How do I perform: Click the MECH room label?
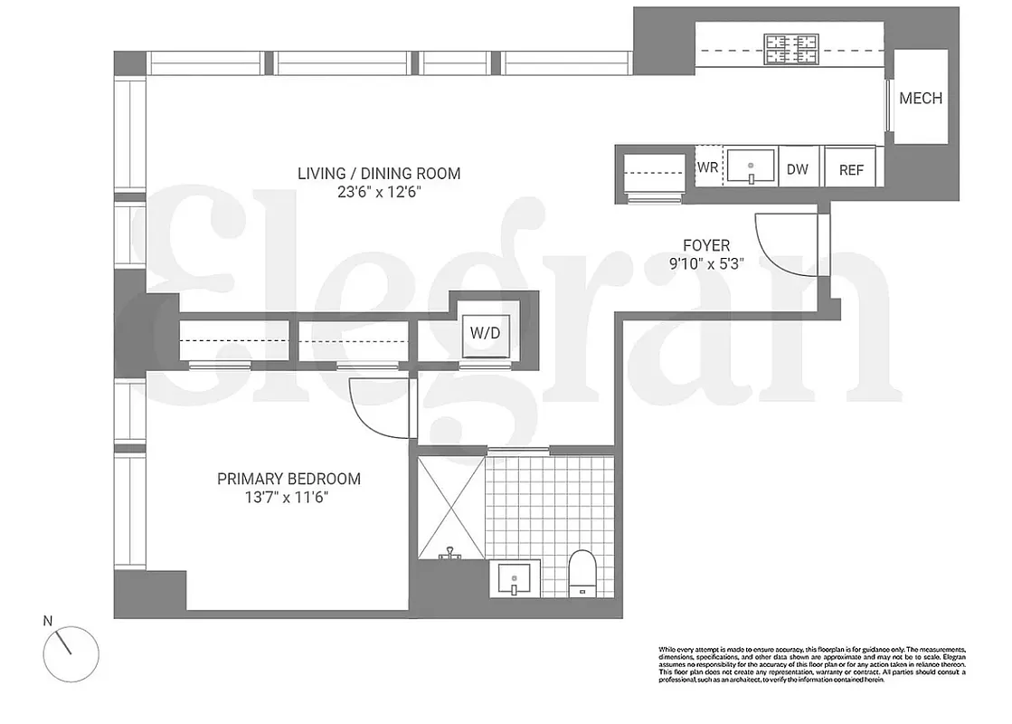click(x=921, y=99)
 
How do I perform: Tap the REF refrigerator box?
click(x=851, y=169)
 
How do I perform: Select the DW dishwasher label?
click(x=798, y=169)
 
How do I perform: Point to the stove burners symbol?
click(x=790, y=49)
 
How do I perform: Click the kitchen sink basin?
click(x=751, y=167)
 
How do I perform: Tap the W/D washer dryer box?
click(x=484, y=333)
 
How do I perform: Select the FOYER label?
click(x=706, y=245)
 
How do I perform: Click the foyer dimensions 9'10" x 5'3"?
click(x=706, y=264)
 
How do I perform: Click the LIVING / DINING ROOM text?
click(x=379, y=173)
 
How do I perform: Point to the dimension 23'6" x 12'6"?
click(x=379, y=192)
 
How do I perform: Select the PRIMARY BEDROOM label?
click(x=288, y=479)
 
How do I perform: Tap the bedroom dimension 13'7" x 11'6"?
click(x=288, y=498)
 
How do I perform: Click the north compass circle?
click(x=71, y=650)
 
